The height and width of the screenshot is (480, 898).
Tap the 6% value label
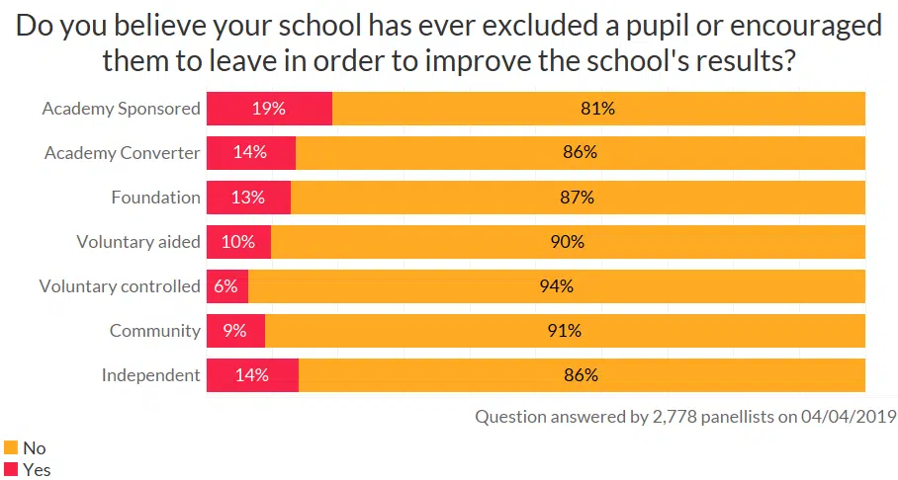point(225,286)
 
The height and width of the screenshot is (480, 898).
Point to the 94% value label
point(557,286)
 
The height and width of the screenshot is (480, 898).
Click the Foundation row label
point(155,198)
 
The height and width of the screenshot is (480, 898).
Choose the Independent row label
point(150,375)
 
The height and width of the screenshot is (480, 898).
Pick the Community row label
point(154,331)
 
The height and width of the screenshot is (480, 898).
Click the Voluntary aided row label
point(138,242)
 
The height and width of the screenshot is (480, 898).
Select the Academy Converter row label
point(123,153)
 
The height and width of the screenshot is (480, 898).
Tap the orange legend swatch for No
point(12,447)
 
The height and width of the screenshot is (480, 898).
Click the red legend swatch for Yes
point(12,469)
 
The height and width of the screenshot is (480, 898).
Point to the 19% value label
point(268,109)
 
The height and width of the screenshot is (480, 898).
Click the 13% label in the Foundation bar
point(248,198)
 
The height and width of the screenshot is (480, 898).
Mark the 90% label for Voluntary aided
point(568,242)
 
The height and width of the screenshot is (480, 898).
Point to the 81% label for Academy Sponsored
point(597,109)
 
